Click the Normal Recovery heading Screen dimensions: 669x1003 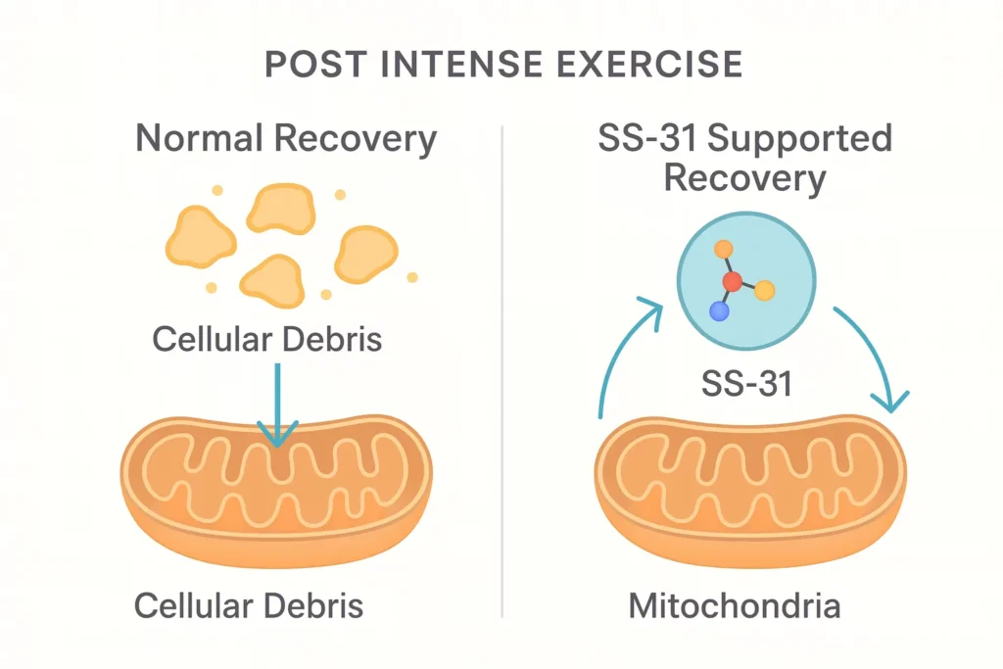tap(285, 138)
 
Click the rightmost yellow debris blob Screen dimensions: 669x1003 tap(365, 254)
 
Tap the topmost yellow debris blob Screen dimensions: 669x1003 tap(279, 209)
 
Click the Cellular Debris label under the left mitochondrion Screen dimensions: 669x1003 tap(248, 604)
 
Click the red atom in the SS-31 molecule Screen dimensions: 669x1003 tap(731, 283)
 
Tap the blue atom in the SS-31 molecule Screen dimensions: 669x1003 tap(720, 312)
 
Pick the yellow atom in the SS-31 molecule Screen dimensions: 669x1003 tap(765, 290)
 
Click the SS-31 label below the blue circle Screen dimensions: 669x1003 tap(745, 383)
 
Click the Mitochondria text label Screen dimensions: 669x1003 tap(734, 604)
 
